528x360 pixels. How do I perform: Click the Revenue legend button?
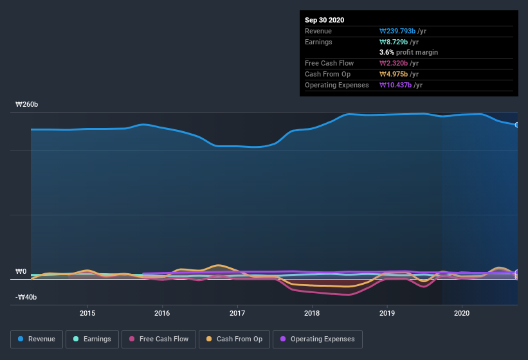pos(37,339)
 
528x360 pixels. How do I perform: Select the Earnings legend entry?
pos(93,339)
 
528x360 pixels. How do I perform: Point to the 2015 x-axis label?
pos(87,313)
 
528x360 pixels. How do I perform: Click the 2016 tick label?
pos(162,313)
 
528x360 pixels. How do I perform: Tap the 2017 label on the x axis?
pos(237,313)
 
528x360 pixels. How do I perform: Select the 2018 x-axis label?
pos(312,313)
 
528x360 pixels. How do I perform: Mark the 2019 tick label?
pos(387,313)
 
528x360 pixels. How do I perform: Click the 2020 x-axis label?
pos(462,313)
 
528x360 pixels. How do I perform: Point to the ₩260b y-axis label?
pos(26,104)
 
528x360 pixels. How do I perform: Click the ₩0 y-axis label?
pos(21,271)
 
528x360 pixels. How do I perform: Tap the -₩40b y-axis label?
pos(26,297)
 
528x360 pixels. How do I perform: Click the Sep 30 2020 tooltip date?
pos(324,20)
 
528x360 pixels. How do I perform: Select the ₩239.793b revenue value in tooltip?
pos(401,31)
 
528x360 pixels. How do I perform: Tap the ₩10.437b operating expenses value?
pos(401,85)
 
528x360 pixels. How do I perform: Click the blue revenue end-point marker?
pos(516,125)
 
